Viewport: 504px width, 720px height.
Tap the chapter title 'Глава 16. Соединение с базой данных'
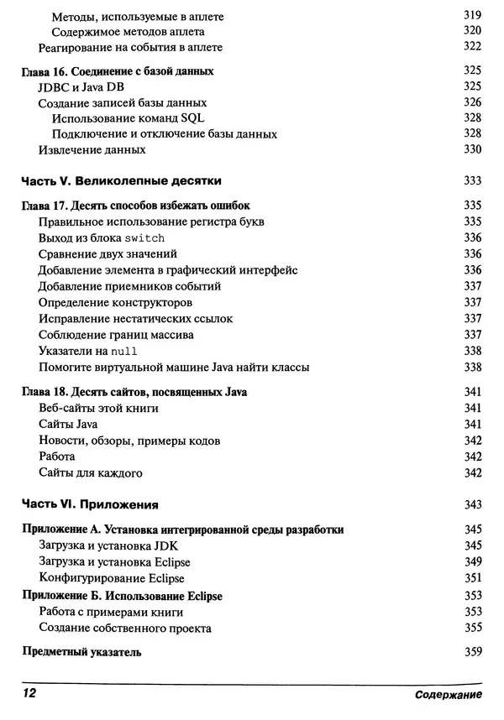(x=116, y=71)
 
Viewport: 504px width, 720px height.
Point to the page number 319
(x=472, y=16)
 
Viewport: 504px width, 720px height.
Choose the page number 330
(x=472, y=149)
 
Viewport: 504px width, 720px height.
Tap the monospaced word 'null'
(x=123, y=351)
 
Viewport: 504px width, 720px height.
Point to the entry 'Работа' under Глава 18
(x=57, y=457)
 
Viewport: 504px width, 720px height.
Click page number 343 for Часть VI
(x=472, y=505)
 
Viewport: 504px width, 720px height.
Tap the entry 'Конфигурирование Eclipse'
(x=111, y=578)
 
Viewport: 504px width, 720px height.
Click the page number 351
(x=472, y=578)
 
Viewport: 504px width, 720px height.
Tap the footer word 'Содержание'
(x=447, y=696)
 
